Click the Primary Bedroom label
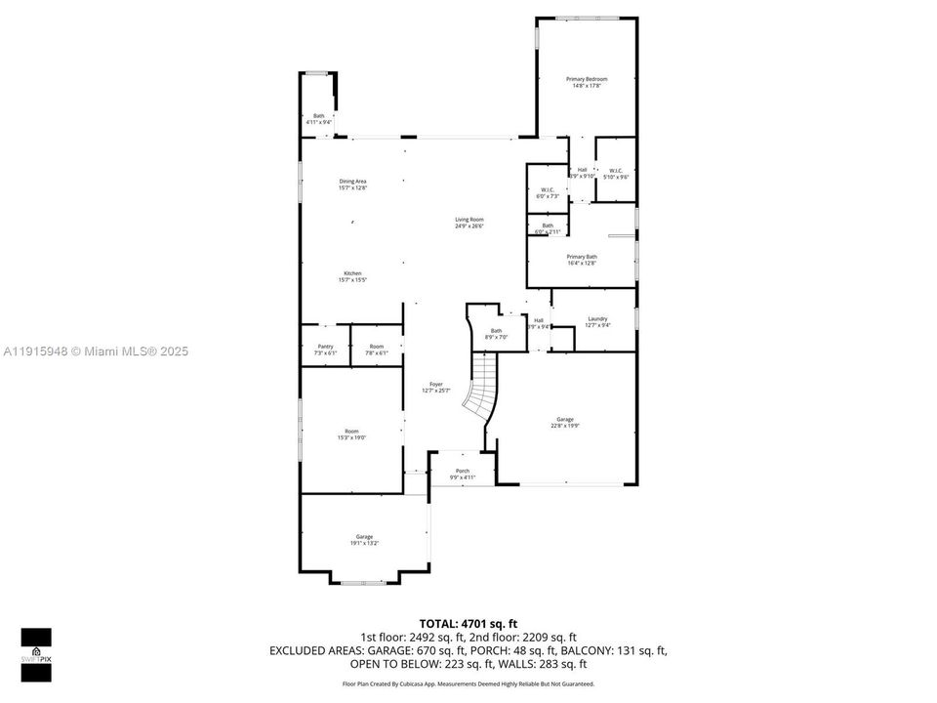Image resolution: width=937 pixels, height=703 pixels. pyautogui.click(x=587, y=82)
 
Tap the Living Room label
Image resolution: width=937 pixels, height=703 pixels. pyautogui.click(x=468, y=223)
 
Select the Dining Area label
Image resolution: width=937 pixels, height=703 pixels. pyautogui.click(x=352, y=184)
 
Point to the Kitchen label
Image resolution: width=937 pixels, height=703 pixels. pyautogui.click(x=351, y=276)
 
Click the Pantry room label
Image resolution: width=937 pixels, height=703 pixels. pyautogui.click(x=325, y=350)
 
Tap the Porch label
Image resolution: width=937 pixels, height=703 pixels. pyautogui.click(x=462, y=474)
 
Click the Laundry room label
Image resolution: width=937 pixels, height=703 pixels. pyautogui.click(x=597, y=322)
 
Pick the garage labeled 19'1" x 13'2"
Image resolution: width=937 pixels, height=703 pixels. pyautogui.click(x=364, y=539)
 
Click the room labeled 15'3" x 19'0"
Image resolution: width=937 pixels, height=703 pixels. pyautogui.click(x=350, y=434)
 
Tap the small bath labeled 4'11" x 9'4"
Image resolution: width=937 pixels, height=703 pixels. pyautogui.click(x=319, y=119)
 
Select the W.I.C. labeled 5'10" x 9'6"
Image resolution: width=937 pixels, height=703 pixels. pyautogui.click(x=616, y=173)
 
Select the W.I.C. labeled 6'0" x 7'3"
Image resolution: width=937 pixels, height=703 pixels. pyautogui.click(x=547, y=192)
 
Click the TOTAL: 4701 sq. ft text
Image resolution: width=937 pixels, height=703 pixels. pyautogui.click(x=468, y=622)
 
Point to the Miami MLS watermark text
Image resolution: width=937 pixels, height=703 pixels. pyautogui.click(x=95, y=351)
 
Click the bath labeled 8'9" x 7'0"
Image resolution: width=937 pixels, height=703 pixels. pyautogui.click(x=496, y=334)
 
